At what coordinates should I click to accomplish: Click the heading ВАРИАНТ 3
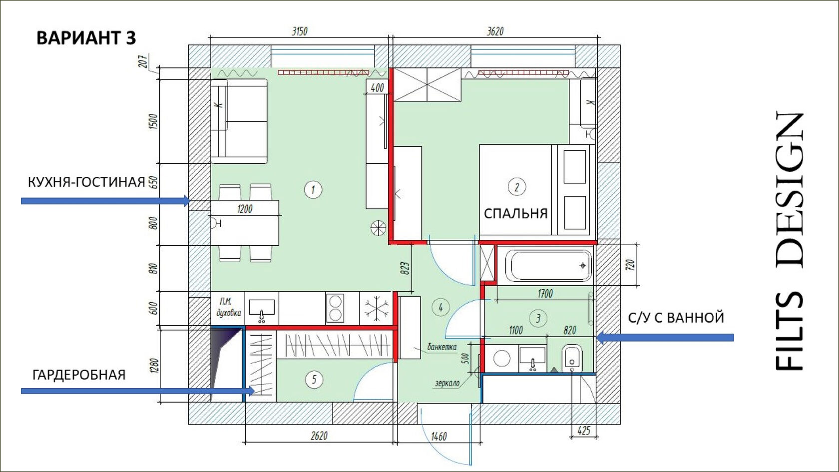[86, 38]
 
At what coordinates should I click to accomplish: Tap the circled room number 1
[313, 190]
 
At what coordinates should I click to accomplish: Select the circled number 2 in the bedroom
[517, 187]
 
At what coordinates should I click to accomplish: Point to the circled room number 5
[314, 380]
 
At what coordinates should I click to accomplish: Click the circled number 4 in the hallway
[440, 307]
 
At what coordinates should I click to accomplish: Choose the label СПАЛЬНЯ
[516, 214]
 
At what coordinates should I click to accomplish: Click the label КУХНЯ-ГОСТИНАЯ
[86, 182]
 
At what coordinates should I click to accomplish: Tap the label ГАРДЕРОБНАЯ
[79, 375]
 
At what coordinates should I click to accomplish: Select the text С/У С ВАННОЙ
[676, 318]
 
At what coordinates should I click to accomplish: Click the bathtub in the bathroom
[548, 266]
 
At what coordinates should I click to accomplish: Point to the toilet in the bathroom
[572, 358]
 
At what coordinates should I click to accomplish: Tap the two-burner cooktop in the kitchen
[335, 308]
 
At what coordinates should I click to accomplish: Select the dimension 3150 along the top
[300, 31]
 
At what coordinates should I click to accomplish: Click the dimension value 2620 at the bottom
[319, 436]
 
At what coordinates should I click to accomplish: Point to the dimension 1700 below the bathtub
[545, 293]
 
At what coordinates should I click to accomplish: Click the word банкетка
[442, 347]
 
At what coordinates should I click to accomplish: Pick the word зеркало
[447, 383]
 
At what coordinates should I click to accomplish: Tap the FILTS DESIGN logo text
[790, 241]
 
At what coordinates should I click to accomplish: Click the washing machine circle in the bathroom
[501, 358]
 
